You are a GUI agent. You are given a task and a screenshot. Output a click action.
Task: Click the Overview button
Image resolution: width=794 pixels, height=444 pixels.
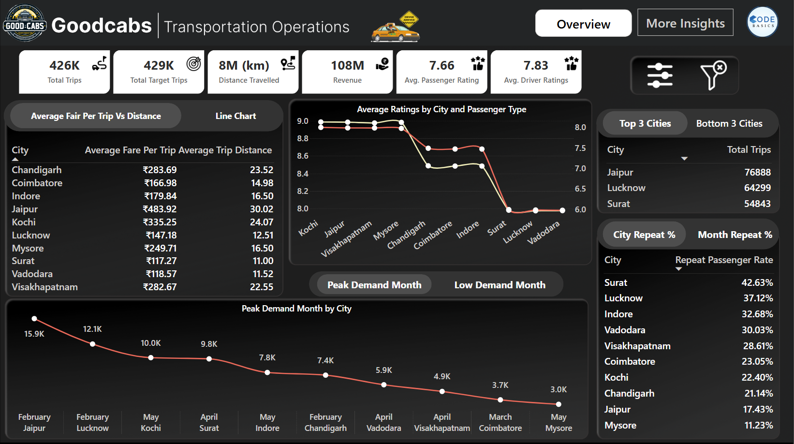coord(583,24)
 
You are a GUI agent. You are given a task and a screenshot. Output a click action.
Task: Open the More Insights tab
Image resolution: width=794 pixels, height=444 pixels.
coord(685,23)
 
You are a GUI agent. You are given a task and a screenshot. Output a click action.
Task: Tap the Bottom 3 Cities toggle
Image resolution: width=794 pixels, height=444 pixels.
coord(729,123)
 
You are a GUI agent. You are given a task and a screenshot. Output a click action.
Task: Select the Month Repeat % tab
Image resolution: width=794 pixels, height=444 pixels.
coord(735,235)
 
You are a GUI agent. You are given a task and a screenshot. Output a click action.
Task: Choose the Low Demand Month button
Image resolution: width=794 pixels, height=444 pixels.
coord(500,285)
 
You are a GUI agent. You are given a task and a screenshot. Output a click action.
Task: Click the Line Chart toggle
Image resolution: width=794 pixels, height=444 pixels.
coord(235,116)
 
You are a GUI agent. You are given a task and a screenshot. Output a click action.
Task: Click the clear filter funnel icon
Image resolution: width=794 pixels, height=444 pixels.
coord(713,75)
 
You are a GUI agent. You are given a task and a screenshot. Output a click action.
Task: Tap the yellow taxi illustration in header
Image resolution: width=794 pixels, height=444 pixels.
coord(395,30)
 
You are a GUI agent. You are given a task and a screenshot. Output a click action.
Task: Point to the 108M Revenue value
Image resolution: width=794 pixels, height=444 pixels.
coord(347,65)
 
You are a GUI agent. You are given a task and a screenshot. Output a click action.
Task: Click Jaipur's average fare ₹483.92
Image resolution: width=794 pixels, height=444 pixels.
coord(160,209)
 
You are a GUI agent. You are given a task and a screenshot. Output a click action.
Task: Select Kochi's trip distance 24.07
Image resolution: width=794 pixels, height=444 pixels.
coord(261,222)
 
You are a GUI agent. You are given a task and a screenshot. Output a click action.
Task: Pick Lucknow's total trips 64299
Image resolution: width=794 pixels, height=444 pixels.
coord(757,188)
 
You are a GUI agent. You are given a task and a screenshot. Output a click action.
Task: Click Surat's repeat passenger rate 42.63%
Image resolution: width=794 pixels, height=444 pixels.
coord(757,282)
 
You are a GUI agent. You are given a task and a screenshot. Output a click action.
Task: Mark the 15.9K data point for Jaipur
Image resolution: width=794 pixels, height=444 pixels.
coord(34,319)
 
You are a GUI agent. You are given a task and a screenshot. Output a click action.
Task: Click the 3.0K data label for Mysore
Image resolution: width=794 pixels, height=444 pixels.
coord(559,389)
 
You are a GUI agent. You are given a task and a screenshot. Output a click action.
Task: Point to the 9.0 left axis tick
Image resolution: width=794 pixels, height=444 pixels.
coord(303,121)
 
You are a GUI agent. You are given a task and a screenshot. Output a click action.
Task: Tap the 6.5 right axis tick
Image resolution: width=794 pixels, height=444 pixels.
coord(580,189)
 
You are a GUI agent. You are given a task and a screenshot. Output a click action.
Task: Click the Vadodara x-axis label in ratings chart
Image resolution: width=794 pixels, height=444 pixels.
coord(544,233)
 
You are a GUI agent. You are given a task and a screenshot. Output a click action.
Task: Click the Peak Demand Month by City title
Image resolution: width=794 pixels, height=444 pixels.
coord(296,309)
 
